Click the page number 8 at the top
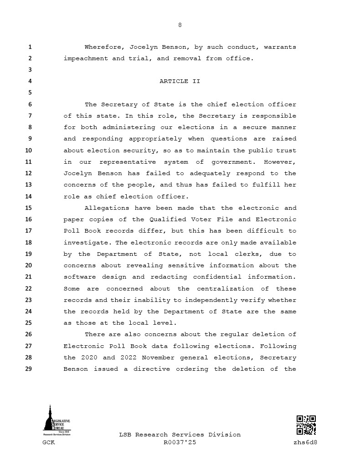coord(180,25)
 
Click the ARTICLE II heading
coord(180,81)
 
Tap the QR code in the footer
coord(306,425)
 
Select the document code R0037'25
coord(180,442)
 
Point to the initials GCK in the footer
coord(49,442)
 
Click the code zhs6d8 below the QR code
coord(305,442)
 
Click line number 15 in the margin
coord(28,208)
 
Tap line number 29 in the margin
coord(28,369)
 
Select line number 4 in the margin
coord(30,81)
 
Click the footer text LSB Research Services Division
coord(180,435)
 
